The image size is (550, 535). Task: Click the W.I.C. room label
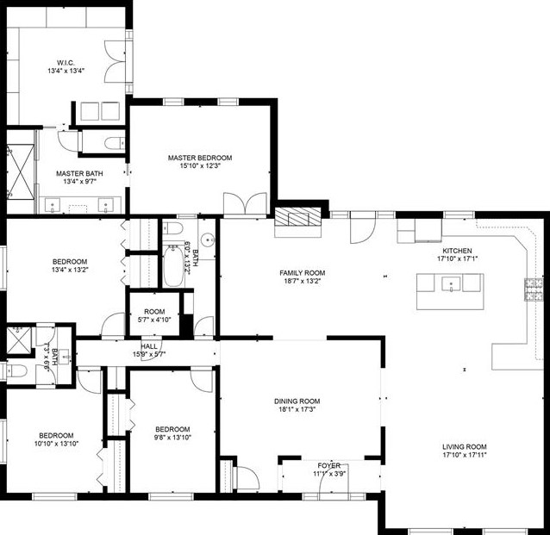click(x=66, y=61)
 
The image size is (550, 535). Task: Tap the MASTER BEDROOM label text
click(x=200, y=158)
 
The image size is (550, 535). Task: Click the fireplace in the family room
click(x=297, y=221)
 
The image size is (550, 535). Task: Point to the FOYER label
click(x=328, y=465)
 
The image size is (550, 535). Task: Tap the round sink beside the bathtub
click(x=207, y=242)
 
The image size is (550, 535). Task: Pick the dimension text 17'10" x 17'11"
click(x=465, y=456)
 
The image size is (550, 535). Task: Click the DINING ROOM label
click(x=297, y=401)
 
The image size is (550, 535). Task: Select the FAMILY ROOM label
click(x=302, y=273)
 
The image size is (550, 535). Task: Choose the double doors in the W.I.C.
click(x=113, y=61)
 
